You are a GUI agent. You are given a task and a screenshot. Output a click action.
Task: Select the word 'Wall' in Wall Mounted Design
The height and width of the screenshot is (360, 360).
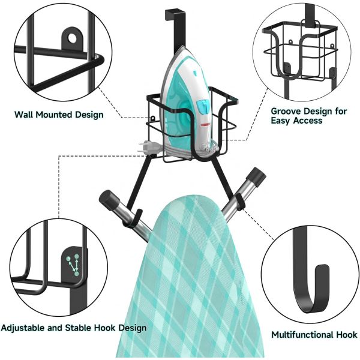click(x=23, y=115)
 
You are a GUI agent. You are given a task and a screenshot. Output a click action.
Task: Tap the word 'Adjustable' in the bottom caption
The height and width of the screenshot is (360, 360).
click(x=23, y=328)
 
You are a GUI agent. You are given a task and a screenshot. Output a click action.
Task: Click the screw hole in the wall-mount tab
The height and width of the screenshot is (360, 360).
click(x=72, y=38)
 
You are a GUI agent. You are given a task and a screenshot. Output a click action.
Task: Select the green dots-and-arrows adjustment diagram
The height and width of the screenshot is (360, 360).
click(x=73, y=265)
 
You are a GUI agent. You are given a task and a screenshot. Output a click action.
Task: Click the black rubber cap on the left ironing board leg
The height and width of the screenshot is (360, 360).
click(x=109, y=199)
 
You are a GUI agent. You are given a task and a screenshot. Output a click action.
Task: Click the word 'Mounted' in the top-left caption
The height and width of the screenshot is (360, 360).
click(x=53, y=115)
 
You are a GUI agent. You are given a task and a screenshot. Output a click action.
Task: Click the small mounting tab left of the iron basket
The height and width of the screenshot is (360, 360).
click(x=152, y=119)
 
